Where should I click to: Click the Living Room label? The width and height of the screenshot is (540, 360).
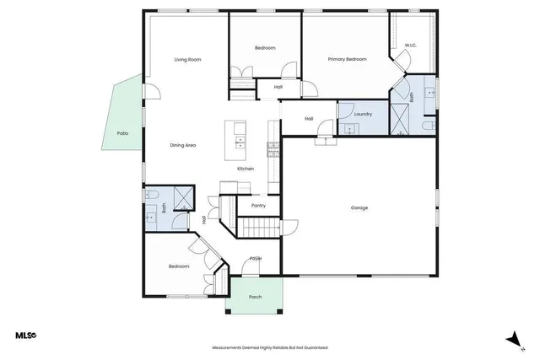click(187, 60)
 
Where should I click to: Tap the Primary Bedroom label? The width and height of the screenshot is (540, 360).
click(347, 60)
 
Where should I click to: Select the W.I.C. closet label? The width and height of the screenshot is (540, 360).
click(410, 46)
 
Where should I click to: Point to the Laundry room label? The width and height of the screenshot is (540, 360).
click(363, 114)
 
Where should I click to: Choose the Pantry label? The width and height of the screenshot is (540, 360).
click(258, 205)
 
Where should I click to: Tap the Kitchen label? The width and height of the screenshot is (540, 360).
click(246, 169)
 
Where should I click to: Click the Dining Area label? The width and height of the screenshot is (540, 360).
click(183, 146)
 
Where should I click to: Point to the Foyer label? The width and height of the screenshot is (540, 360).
click(256, 259)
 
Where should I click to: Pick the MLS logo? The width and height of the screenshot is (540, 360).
click(25, 336)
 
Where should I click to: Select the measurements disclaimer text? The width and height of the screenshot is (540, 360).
click(269, 347)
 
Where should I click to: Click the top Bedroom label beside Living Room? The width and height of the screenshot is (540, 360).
click(265, 48)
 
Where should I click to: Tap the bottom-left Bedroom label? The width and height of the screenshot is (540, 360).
click(178, 266)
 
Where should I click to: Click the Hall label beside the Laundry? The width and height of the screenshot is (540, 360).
click(309, 119)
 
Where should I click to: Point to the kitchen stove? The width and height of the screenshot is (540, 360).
click(273, 150)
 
